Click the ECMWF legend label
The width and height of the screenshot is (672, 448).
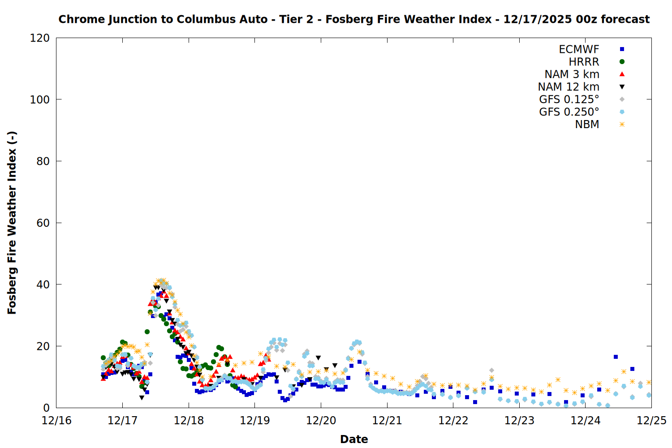pos(579,49)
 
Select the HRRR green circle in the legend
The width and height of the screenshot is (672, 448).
pos(622,62)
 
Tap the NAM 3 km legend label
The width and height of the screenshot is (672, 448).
pos(572,74)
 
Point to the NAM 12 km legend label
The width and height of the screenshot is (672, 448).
pos(569,87)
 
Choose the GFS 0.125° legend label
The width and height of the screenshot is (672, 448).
pos(569,99)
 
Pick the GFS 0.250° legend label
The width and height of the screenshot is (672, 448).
pos(569,112)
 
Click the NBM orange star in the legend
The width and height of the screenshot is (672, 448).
pos(622,125)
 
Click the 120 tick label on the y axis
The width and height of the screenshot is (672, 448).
pos(40,38)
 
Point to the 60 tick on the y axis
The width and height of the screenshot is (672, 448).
pos(43,223)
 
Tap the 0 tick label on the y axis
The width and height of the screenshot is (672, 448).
pos(46,408)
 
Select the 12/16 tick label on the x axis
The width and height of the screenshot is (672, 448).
pos(56,421)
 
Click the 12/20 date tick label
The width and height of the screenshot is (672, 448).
pos(321,421)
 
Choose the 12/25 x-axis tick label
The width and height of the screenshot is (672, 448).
pos(651,421)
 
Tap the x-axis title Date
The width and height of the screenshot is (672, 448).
pos(354,439)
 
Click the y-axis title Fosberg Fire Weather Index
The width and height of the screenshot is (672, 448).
pos(12,223)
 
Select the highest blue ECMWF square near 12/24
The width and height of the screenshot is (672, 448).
pos(616,357)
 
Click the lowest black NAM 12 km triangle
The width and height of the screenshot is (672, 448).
pos(142,398)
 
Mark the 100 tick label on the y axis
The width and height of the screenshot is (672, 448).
pos(40,99)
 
